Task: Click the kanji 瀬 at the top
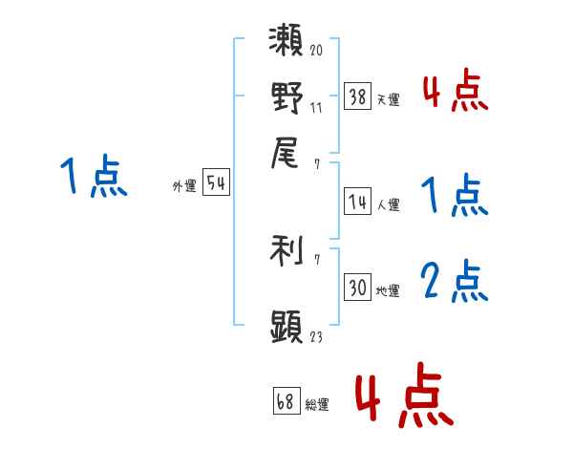pos(286,40)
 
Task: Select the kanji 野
pos(287,97)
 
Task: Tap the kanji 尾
pos(285,153)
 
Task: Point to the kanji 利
pos(286,250)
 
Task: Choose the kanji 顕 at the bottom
pos(286,326)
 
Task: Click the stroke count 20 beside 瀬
pos(316,50)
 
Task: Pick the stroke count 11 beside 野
pos(316,108)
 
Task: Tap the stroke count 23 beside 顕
pos(316,336)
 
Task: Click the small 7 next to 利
pos(317,260)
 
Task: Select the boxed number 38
pos(357,96)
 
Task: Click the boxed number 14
pos(357,202)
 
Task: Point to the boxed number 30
pos(357,287)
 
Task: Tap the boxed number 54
pos(216,182)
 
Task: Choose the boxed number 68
pos(286,400)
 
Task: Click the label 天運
pos(388,99)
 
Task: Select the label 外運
pos(184,185)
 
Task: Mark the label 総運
pos(317,404)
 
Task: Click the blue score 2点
pos(455,282)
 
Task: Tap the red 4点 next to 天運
pos(456,90)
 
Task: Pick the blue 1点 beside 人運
pos(455,195)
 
